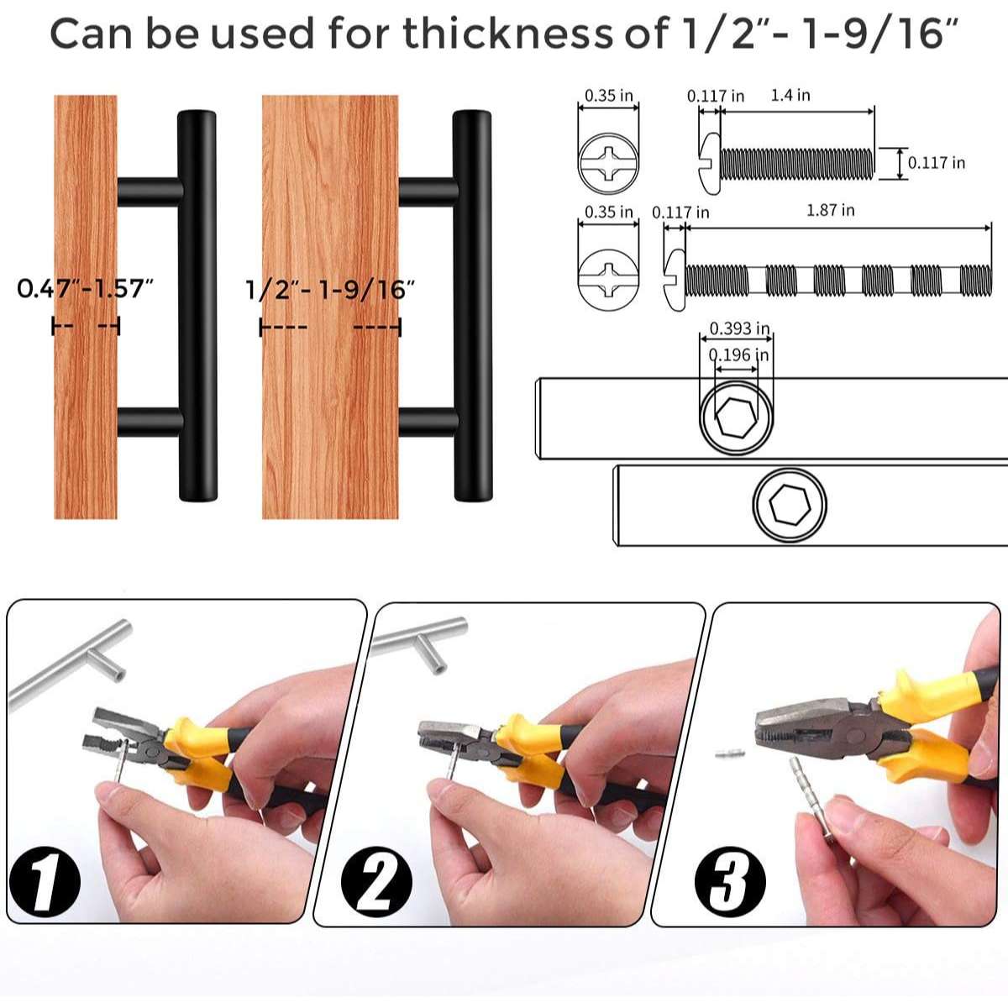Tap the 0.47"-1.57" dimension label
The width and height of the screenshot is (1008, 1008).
(x=86, y=288)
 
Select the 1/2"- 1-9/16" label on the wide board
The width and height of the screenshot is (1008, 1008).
(x=330, y=290)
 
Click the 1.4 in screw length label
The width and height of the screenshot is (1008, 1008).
(x=790, y=95)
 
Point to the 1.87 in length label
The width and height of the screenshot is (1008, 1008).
(x=831, y=210)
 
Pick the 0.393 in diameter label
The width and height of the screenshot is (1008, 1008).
(x=740, y=328)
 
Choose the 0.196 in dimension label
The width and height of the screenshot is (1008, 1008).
(x=738, y=355)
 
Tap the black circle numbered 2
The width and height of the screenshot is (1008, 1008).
(x=376, y=881)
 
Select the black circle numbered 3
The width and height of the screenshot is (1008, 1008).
(x=730, y=881)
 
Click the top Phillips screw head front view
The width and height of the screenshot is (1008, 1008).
(x=608, y=163)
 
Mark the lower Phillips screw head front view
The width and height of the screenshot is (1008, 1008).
(x=608, y=280)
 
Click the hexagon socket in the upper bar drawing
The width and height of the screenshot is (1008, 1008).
(x=736, y=417)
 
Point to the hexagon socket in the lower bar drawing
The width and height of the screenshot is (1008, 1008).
(x=790, y=505)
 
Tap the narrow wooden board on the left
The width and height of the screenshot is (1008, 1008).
(x=86, y=307)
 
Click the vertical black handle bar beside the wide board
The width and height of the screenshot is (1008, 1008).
(x=472, y=306)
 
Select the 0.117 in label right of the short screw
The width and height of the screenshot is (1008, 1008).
(x=937, y=163)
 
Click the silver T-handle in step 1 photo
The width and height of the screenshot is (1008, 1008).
(x=70, y=664)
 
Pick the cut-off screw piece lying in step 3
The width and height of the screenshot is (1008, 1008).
(x=730, y=753)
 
